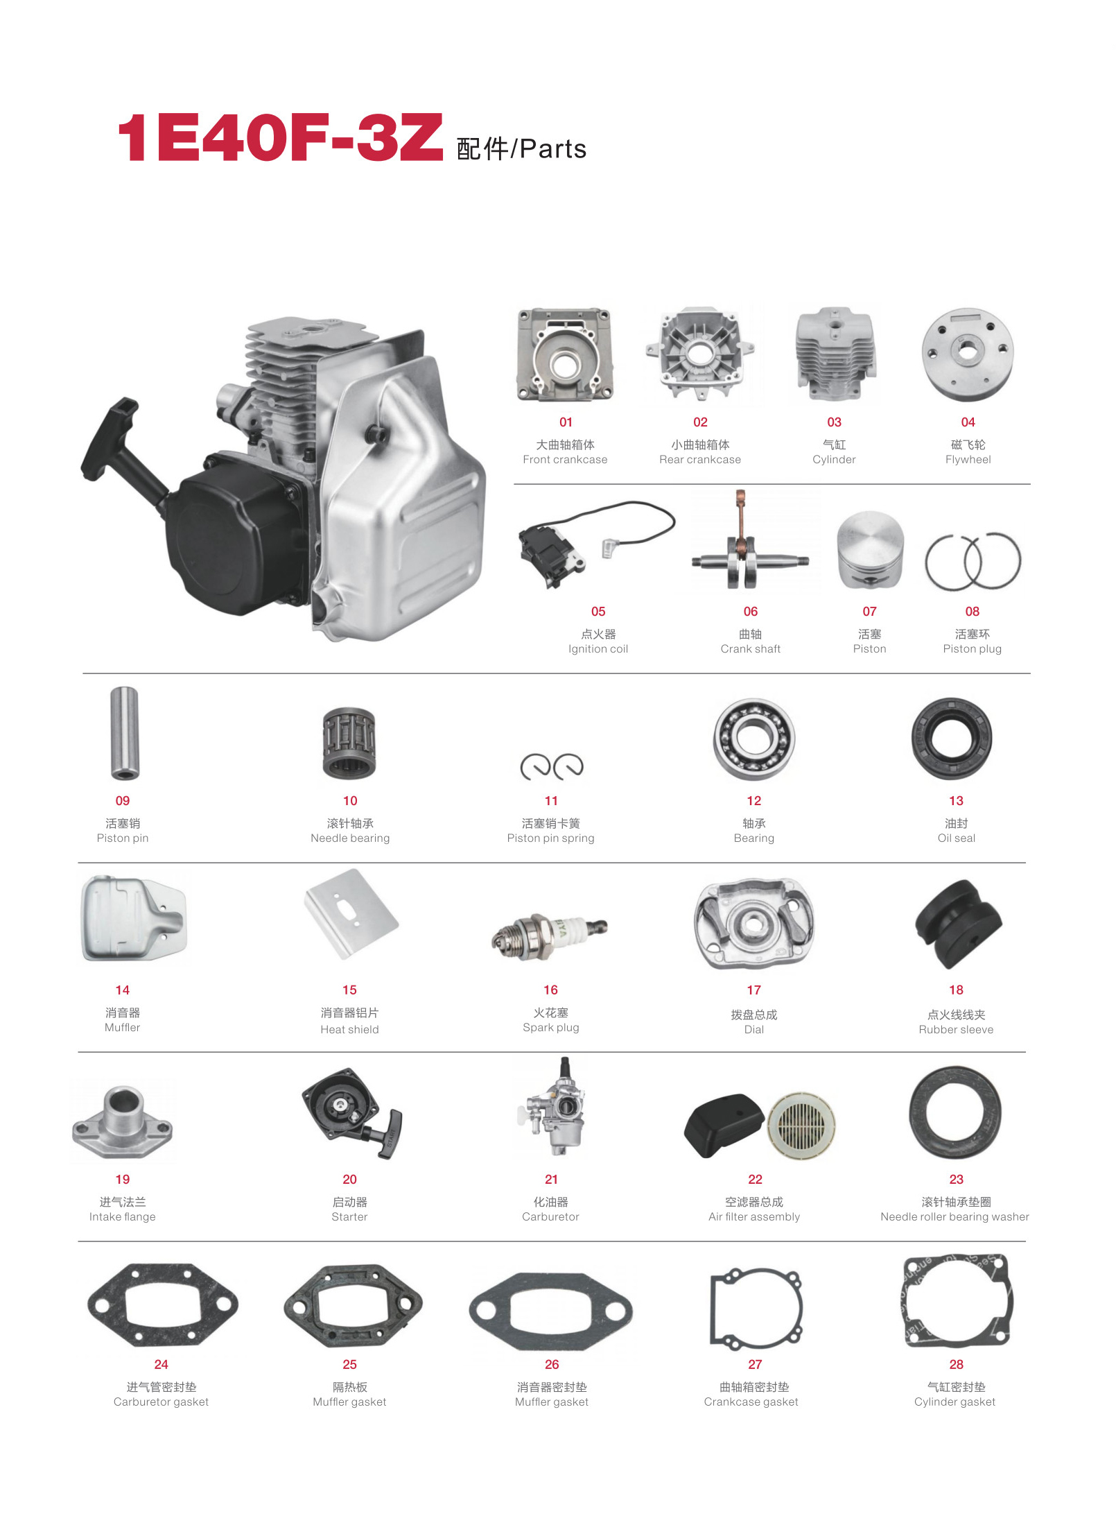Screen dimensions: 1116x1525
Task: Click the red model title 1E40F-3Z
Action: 280,138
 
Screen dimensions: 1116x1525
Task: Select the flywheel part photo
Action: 968,355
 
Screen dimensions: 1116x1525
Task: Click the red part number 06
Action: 751,612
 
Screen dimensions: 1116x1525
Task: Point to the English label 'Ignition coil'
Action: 598,649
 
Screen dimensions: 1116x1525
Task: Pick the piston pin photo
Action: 125,733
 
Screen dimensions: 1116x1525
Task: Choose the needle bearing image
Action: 349,743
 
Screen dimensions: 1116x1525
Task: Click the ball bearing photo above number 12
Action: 754,739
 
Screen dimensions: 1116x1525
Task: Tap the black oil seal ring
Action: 952,739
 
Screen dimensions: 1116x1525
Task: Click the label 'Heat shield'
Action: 349,1030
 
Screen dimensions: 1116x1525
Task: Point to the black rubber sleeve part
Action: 959,925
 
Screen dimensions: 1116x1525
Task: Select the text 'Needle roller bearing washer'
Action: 954,1217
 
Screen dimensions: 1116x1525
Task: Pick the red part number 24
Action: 161,1365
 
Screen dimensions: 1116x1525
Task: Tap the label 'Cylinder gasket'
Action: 954,1402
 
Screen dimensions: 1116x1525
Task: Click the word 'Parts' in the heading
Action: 553,149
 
